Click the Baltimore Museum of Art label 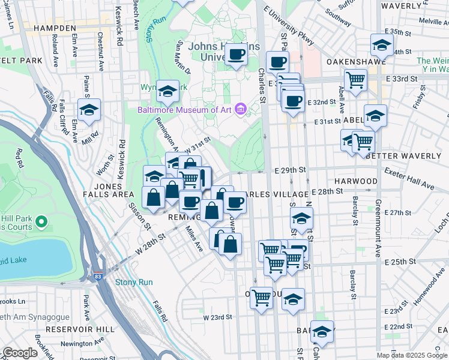185,109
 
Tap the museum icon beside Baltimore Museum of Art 241,109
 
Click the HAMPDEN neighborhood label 55,28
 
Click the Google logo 20,353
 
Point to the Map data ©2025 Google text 412,355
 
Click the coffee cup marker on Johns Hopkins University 236,55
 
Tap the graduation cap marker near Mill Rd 89,110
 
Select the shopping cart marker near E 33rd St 356,79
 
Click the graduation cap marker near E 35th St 382,45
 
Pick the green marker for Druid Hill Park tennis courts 41,223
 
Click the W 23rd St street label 217,317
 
